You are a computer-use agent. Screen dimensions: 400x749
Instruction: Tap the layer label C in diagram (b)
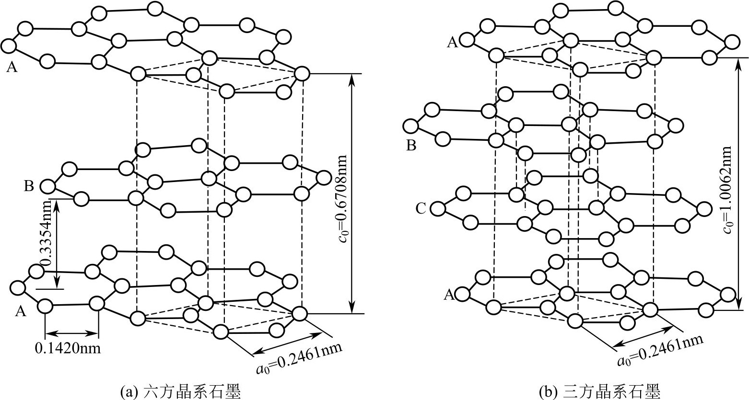(x=421, y=208)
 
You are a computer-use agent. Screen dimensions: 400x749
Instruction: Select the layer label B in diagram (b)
(x=411, y=145)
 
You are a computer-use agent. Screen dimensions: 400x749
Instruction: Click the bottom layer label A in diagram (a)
(x=20, y=312)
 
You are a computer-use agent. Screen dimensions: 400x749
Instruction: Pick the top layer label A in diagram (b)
(x=452, y=43)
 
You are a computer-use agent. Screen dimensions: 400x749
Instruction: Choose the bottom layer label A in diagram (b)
(x=449, y=294)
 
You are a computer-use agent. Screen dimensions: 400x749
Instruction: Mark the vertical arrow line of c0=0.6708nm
(x=352, y=194)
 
